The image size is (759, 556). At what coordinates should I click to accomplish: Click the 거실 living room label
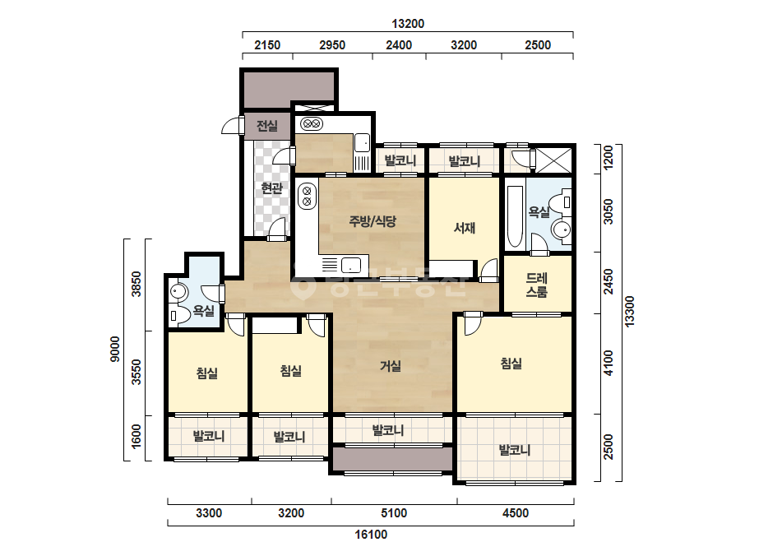tap(390, 366)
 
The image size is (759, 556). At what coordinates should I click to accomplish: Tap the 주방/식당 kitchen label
tap(373, 221)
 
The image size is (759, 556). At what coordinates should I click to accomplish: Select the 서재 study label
tap(465, 227)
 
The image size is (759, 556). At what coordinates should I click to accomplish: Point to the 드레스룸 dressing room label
tap(537, 285)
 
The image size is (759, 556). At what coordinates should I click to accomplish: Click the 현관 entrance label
tap(271, 188)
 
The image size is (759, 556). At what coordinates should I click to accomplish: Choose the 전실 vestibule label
tap(267, 126)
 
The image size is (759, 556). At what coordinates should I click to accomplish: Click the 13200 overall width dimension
tap(408, 23)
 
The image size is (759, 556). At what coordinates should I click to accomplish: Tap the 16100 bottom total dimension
tap(371, 535)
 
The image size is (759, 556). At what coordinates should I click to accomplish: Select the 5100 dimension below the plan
tap(394, 513)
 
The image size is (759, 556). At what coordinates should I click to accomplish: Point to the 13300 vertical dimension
tap(629, 312)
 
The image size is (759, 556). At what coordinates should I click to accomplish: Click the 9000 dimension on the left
tap(115, 350)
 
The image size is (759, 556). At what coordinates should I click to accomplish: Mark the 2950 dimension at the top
tap(332, 45)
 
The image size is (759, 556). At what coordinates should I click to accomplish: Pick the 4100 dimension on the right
tap(609, 364)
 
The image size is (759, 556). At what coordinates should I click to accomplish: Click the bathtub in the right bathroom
tap(515, 216)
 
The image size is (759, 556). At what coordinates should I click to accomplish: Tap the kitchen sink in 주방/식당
tap(351, 266)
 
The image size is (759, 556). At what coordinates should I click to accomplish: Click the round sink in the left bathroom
tap(178, 292)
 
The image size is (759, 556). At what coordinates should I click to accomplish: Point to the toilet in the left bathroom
tap(179, 315)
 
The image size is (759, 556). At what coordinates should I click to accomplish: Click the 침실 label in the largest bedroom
tap(511, 364)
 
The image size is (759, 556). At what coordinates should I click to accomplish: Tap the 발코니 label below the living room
tap(388, 429)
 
